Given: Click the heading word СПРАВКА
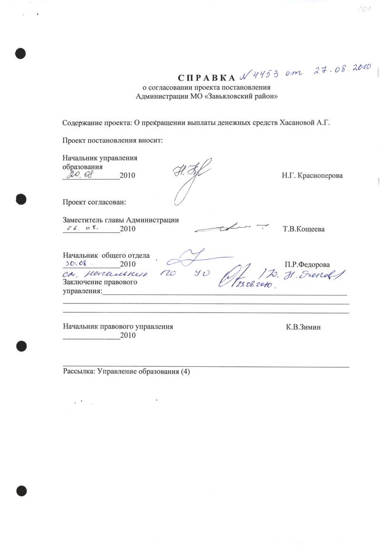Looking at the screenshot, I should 207,78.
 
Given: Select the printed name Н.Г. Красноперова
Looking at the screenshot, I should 312,176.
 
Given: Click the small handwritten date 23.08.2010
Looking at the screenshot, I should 251,284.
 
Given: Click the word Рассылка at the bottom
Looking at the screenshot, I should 78,372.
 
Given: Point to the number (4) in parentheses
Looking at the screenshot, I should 184,372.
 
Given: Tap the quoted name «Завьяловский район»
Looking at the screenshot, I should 242,96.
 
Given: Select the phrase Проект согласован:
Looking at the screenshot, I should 94,202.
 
